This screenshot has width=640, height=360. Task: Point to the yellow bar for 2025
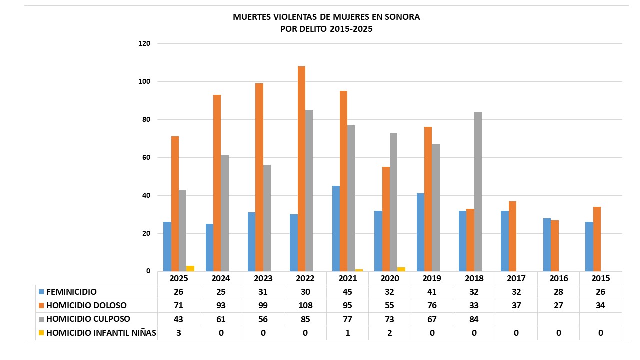pyautogui.click(x=190, y=269)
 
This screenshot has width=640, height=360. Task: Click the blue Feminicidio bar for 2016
pyautogui.click(x=547, y=245)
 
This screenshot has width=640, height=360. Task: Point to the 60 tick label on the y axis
pyautogui.click(x=146, y=158)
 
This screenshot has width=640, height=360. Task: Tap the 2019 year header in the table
pyautogui.click(x=432, y=279)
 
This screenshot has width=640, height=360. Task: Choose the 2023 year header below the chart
pyautogui.click(x=263, y=279)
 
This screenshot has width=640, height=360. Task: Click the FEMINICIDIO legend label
pyautogui.click(x=71, y=292)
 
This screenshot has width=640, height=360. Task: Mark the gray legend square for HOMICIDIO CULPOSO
pyautogui.click(x=41, y=319)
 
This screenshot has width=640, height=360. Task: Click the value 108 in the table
pyautogui.click(x=305, y=305)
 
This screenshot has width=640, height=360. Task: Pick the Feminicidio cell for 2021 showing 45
pyautogui.click(x=347, y=292)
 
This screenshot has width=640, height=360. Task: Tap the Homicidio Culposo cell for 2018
pyautogui.click(x=474, y=319)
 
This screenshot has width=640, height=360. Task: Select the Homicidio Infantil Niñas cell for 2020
pyautogui.click(x=389, y=333)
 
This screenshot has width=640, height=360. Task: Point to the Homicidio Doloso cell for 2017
pyautogui.click(x=516, y=305)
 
